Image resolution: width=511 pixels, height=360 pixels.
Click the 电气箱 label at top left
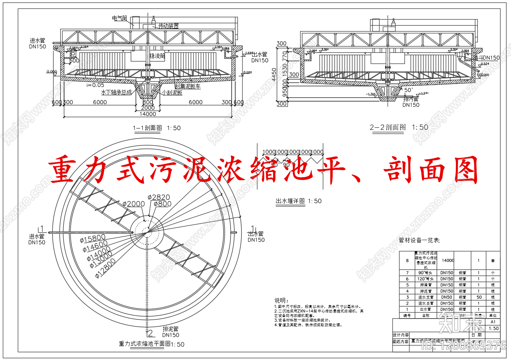120,18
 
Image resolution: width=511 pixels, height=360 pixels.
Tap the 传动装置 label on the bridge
169,26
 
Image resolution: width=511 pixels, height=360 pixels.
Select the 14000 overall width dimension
148,114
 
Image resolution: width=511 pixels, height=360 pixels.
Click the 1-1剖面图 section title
148,128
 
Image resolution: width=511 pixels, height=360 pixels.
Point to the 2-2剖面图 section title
388,127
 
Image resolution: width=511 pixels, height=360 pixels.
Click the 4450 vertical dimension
274,74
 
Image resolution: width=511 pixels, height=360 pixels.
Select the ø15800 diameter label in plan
93,239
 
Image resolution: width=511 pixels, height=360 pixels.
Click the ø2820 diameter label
159,197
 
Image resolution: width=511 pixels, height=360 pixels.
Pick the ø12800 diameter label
106,268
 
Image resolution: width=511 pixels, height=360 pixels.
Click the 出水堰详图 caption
290,201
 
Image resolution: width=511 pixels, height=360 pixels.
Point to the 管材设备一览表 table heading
419,240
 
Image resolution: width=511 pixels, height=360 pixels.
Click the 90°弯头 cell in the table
426,273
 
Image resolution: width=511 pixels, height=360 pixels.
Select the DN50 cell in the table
447,297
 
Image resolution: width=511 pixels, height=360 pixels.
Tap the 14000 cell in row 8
448,260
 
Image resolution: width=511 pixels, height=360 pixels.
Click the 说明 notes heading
281,300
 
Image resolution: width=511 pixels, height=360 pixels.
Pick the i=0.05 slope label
96,85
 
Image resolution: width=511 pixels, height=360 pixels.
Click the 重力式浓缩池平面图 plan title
145,344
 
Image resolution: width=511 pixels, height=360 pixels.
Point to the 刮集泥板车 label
188,87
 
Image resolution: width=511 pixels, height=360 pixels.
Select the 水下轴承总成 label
117,92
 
